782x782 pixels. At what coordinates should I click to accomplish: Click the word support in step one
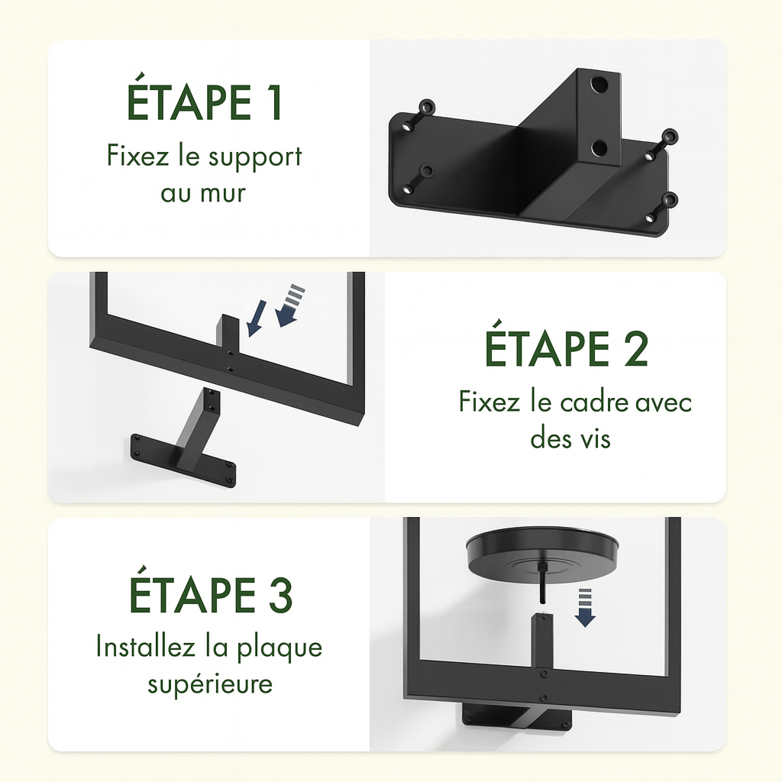[x=255, y=157]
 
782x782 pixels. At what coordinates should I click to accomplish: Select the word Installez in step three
[x=145, y=647]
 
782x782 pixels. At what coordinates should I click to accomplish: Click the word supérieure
[x=210, y=684]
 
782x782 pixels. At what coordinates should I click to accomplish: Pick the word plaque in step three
[x=280, y=648]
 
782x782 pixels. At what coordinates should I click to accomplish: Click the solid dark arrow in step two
[x=257, y=317]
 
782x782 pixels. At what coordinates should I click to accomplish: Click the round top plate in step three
[x=542, y=554]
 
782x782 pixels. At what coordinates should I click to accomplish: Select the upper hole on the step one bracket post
[x=599, y=86]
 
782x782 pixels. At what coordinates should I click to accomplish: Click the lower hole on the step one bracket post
[x=599, y=148]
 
